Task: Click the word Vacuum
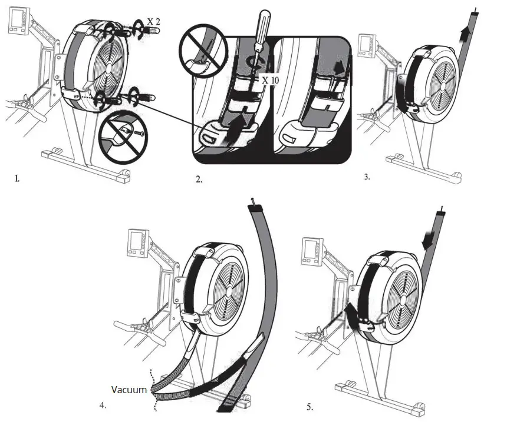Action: coord(130,389)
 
